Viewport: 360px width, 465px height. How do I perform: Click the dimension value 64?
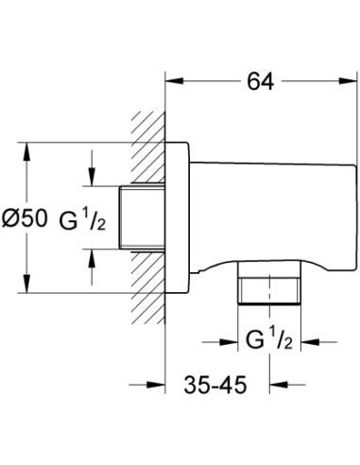click(x=260, y=82)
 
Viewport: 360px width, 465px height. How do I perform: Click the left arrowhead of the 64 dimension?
click(x=174, y=82)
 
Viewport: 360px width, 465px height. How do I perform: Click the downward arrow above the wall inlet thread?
click(x=91, y=181)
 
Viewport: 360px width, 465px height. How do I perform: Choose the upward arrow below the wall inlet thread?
click(x=91, y=256)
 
